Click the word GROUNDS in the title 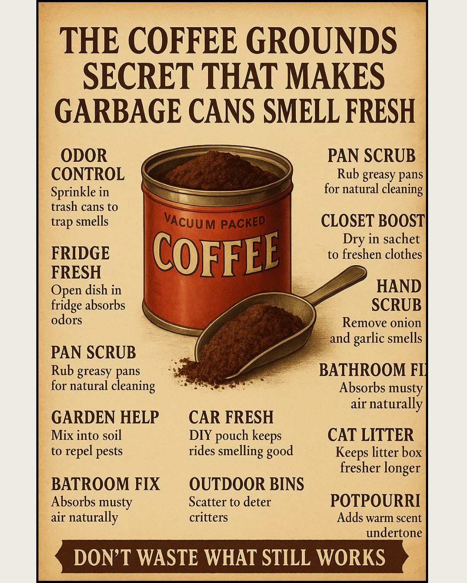(x=323, y=41)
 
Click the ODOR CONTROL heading (x=88, y=165)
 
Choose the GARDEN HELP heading (x=105, y=418)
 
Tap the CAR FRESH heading (x=231, y=418)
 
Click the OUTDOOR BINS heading (x=246, y=484)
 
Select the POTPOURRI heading (x=375, y=501)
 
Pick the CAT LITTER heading (x=371, y=435)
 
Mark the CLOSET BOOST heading (x=372, y=220)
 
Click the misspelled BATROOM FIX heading (x=105, y=484)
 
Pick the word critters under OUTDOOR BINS (x=208, y=517)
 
